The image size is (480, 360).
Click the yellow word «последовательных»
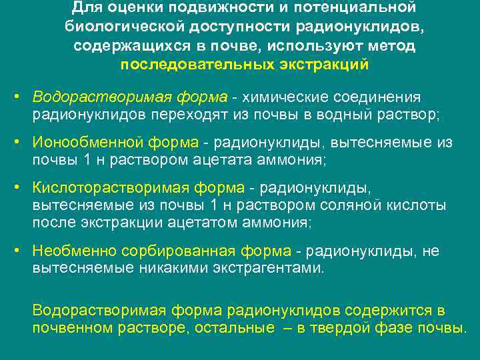tap(197, 65)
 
